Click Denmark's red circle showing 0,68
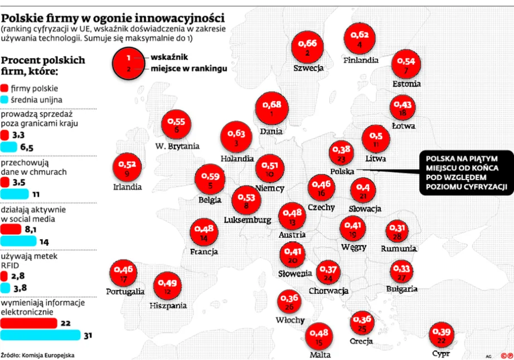click(x=271, y=108)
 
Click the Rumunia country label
click(x=399, y=249)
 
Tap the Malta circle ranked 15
click(x=319, y=337)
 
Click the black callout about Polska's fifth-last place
click(x=465, y=173)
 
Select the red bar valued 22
click(x=29, y=323)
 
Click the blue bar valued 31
click(x=40, y=335)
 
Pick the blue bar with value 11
click(x=14, y=194)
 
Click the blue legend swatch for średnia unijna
click(x=5, y=100)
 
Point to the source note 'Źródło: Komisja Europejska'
click(x=37, y=354)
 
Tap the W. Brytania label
click(x=177, y=147)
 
